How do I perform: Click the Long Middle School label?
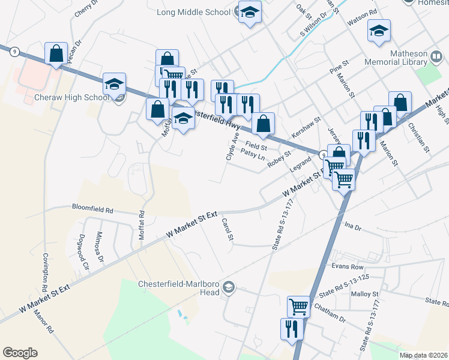coord(193,12)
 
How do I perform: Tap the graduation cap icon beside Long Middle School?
coord(250,12)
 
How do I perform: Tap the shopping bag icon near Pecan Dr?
coord(56,53)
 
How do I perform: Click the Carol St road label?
coord(227,229)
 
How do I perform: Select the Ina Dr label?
coord(354,227)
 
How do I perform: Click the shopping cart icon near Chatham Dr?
coord(298,307)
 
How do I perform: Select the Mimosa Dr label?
coord(100,247)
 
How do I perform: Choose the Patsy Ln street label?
coord(253,154)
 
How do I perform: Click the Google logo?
coord(20,353)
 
